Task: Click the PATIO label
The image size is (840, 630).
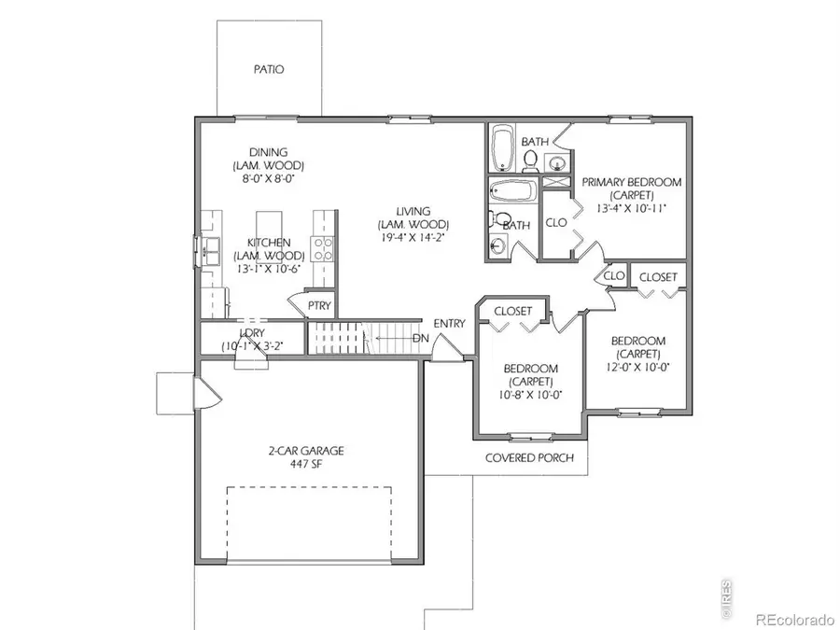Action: [268, 70]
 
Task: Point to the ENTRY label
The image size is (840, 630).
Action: [449, 324]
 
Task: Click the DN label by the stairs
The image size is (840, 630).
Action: [420, 337]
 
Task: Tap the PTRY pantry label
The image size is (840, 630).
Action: [319, 305]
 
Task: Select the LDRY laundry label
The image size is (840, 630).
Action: [252, 332]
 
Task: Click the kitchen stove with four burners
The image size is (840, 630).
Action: [323, 248]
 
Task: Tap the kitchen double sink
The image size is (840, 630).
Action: [208, 249]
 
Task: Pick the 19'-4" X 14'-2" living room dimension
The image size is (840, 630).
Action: [413, 238]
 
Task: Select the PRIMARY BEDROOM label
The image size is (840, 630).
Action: [631, 183]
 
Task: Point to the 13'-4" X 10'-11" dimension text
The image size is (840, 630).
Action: [631, 209]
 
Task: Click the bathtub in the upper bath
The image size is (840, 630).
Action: [504, 147]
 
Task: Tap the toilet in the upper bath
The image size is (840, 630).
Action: [530, 161]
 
